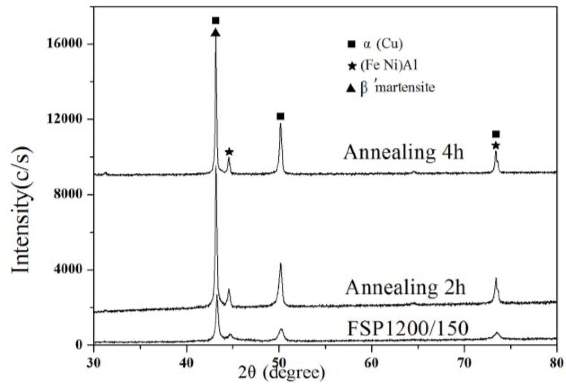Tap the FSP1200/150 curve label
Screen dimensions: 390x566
click(x=407, y=328)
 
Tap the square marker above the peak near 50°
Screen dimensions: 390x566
click(x=280, y=116)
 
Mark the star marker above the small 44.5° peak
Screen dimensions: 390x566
click(x=229, y=152)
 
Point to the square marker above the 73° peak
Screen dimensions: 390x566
click(x=496, y=134)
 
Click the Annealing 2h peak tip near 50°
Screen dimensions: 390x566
click(x=280, y=264)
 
